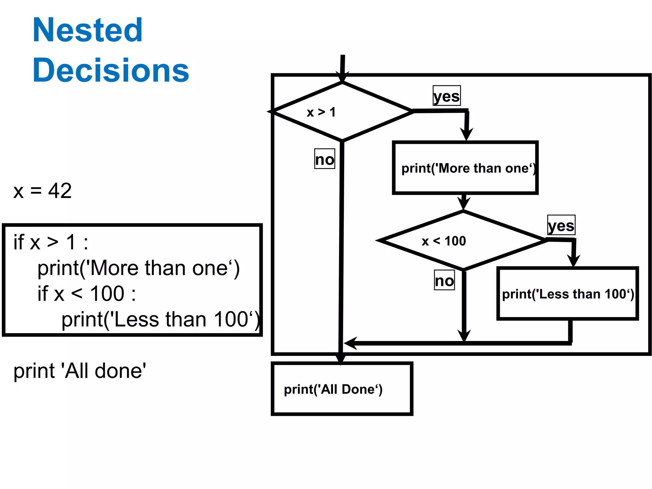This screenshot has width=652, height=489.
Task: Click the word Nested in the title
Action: [88, 30]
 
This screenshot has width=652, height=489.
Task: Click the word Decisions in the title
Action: [111, 70]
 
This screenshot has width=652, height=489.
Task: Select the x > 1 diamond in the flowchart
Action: [342, 112]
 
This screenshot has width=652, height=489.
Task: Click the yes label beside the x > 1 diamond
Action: [447, 96]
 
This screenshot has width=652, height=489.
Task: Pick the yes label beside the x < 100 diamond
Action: [561, 225]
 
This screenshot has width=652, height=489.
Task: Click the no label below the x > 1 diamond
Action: [324, 159]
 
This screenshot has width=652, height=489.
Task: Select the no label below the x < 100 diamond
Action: [444, 280]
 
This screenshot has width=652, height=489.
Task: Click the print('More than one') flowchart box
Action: [465, 168]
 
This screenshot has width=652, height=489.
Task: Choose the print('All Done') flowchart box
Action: [342, 389]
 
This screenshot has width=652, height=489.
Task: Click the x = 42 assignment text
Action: [42, 191]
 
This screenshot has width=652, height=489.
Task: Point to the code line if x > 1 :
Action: [51, 242]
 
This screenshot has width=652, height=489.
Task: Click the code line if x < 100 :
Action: [87, 294]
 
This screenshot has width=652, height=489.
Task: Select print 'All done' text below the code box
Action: [80, 371]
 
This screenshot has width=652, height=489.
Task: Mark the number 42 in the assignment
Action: [60, 191]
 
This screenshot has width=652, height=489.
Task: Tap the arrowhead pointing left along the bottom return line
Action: [350, 343]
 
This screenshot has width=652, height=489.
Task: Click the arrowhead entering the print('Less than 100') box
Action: [573, 261]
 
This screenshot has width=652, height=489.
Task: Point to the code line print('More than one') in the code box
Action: [138, 268]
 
